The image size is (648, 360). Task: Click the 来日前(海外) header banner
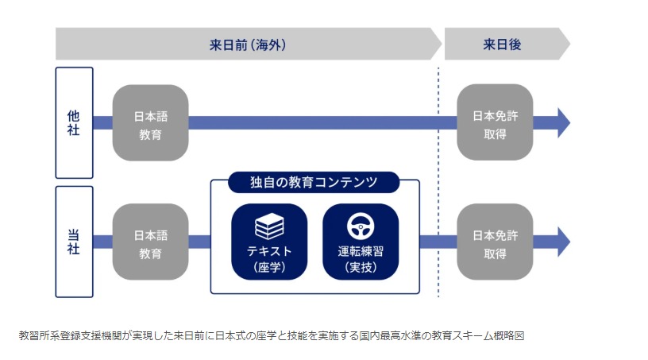pos(246,45)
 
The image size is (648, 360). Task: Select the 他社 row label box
pos(74,122)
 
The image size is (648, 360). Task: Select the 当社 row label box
pos(74,242)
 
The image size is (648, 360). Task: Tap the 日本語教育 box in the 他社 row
pos(150,123)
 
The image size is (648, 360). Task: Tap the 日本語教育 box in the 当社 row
pos(150,242)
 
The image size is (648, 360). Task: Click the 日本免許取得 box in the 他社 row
pos(495,123)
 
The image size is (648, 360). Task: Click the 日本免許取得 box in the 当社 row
pos(495,242)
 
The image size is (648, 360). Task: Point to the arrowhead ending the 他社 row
pos(562,123)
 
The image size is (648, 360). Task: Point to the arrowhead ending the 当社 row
pos(562,242)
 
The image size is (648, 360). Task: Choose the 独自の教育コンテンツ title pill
pos(314,183)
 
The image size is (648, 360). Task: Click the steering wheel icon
pos(360,228)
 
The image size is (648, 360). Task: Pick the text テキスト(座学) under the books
pos(269,259)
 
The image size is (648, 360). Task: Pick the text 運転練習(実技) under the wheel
pos(360,259)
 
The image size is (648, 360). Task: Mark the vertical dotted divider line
pos(438,183)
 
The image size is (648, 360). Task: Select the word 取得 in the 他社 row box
pos(495,133)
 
